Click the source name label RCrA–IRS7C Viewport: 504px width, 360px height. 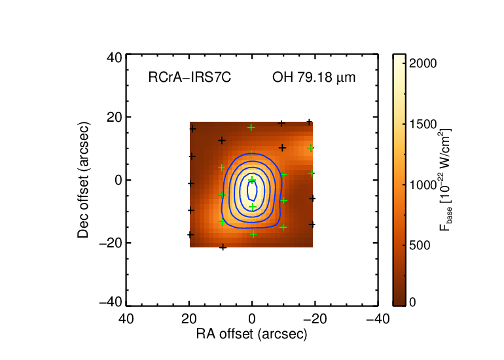189,77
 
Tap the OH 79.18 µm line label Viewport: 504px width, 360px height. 314,77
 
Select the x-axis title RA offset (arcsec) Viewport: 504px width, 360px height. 252,334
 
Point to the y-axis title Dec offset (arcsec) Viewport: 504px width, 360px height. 83,180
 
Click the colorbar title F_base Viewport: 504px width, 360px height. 445,180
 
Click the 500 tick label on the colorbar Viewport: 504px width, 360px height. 419,245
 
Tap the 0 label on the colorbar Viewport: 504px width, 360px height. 412,302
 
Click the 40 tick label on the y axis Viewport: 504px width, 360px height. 115,58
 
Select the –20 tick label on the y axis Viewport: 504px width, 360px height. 111,243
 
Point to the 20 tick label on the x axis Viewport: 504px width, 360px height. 189,319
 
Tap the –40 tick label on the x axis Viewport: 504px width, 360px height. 378,319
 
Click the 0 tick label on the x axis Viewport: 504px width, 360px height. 252,319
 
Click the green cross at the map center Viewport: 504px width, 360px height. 252,179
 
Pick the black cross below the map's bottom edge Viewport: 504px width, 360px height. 223,247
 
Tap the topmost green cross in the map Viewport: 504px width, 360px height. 251,128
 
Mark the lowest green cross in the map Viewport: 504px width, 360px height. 253,234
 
